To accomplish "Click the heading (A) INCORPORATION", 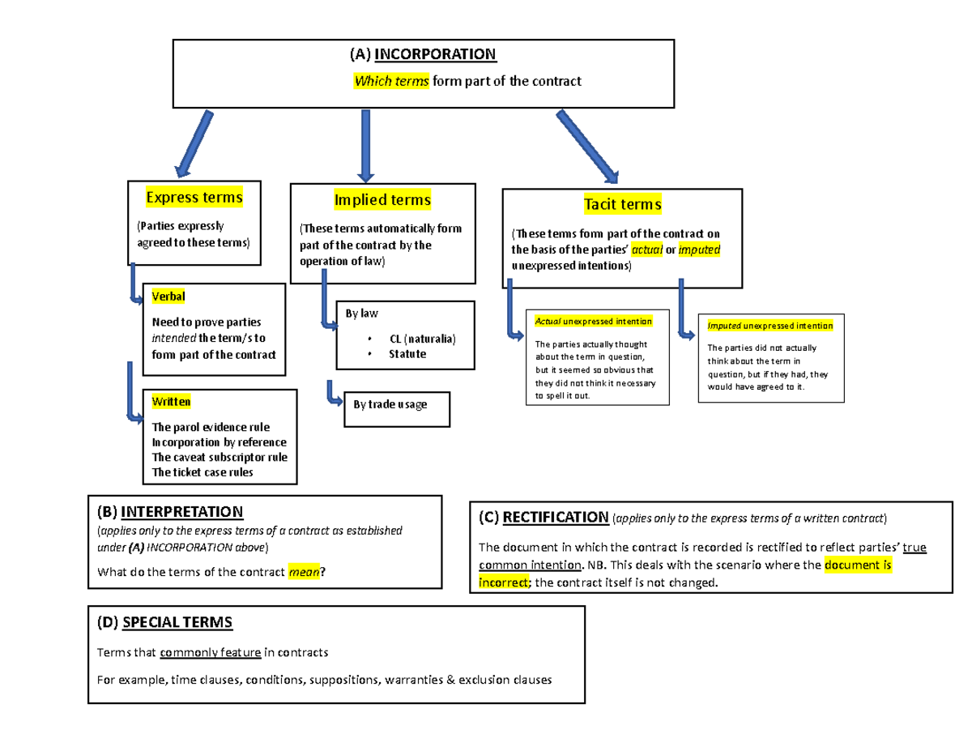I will point(423,54).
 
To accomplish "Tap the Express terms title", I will point(194,197).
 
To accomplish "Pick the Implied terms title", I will point(382,199).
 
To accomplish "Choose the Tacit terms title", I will point(622,204).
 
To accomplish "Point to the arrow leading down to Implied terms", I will point(365,146).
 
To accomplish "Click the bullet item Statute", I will point(407,354).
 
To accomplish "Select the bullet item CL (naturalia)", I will point(422,339).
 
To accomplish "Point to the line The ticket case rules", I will point(202,472).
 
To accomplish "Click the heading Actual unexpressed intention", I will point(594,322).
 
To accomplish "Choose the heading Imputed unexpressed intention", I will point(769,326).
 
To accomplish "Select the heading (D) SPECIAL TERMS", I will point(164,622).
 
